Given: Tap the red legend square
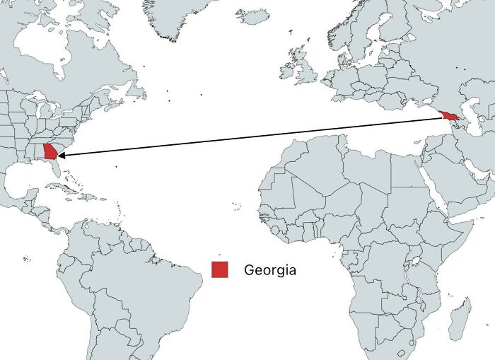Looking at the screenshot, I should (x=219, y=269).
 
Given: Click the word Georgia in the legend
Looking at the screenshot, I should (x=269, y=270).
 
